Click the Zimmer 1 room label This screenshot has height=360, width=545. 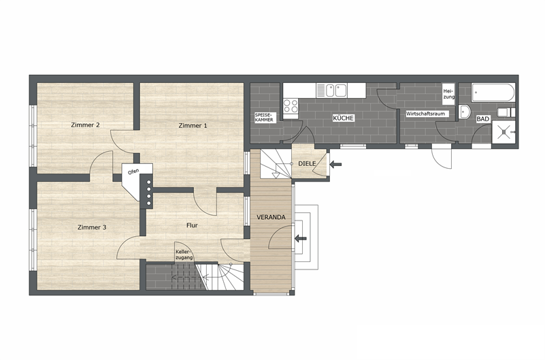pos(193,125)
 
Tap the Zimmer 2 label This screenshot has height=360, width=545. pos(85,125)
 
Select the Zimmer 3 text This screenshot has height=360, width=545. pos(92,227)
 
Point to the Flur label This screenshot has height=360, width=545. pos(192,225)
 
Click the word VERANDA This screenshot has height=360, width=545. pos(271,217)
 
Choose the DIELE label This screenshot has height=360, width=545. pos(308,163)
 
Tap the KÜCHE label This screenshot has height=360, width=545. pos(343,118)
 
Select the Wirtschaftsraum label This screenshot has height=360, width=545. pos(425,114)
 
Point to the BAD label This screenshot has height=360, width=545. pos(483,119)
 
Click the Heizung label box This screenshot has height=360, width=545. pos(448,94)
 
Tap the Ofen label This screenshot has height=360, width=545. pos(133,171)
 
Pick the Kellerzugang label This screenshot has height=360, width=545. pos(184,255)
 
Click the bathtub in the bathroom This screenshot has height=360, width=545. pos(493,93)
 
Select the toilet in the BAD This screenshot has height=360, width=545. pos(506,112)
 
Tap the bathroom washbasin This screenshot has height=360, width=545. pos(464,112)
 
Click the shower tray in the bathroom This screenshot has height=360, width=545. pos(504,131)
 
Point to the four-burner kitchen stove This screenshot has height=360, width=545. pos(291,106)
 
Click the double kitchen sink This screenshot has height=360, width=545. pos(331,91)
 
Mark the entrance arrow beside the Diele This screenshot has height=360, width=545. pos(335,164)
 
